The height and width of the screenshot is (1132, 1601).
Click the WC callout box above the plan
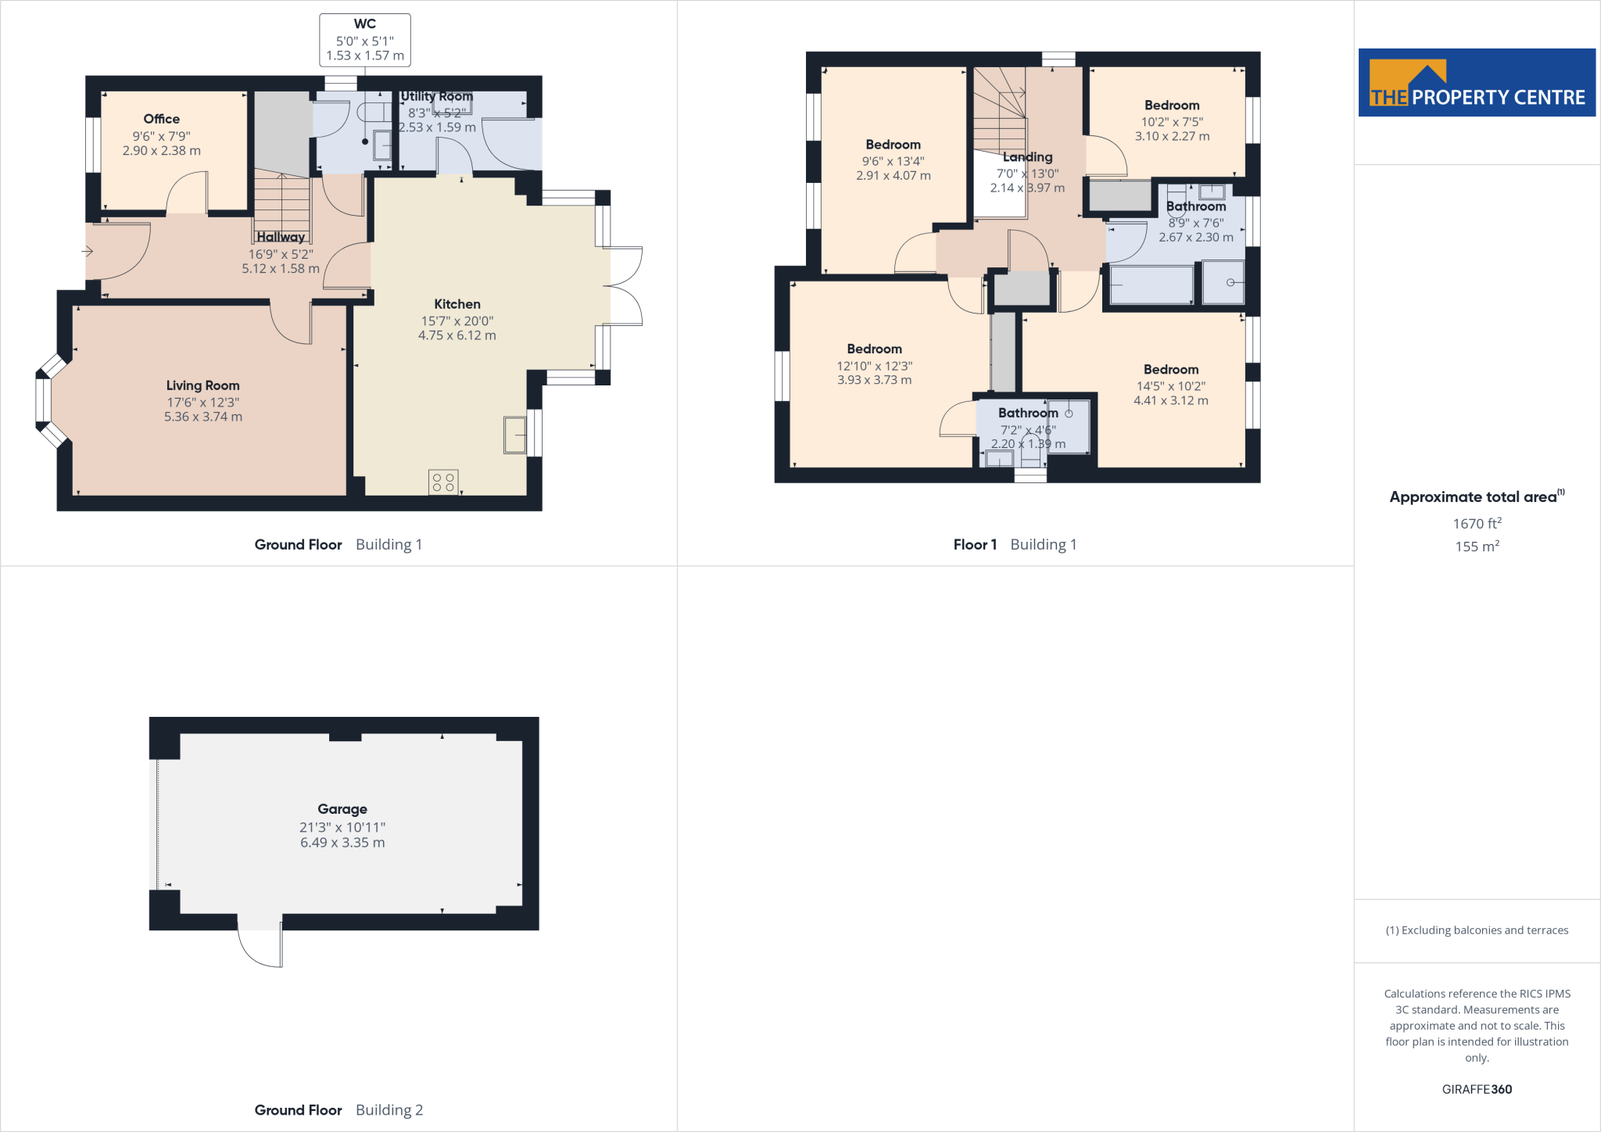pyautogui.click(x=364, y=40)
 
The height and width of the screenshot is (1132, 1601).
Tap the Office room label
pyautogui.click(x=161, y=119)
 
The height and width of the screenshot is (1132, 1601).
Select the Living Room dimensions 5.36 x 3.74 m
pyautogui.click(x=202, y=417)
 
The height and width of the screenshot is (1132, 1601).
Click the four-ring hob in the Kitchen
pyautogui.click(x=443, y=482)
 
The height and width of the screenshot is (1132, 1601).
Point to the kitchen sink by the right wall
pyautogui.click(x=514, y=435)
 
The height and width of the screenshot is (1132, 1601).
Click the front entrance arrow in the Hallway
pyautogui.click(x=88, y=251)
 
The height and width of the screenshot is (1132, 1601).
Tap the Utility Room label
pyautogui.click(x=436, y=96)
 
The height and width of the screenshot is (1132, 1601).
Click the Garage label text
pyautogui.click(x=342, y=809)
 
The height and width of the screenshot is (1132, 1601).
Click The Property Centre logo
pyautogui.click(x=1476, y=83)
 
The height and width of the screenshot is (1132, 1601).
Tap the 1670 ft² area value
pyautogui.click(x=1476, y=523)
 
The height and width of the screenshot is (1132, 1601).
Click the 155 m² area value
pyautogui.click(x=1476, y=546)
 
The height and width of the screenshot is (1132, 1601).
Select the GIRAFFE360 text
pyautogui.click(x=1476, y=1089)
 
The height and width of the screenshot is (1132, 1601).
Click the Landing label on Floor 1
pyautogui.click(x=1027, y=157)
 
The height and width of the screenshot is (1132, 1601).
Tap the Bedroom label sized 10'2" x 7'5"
pyautogui.click(x=1171, y=106)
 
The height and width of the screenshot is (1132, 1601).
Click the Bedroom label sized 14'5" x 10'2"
pyautogui.click(x=1170, y=370)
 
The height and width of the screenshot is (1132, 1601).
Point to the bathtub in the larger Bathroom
pyautogui.click(x=1151, y=285)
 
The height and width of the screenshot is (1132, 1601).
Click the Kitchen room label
pyautogui.click(x=457, y=304)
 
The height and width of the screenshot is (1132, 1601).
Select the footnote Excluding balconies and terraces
pyautogui.click(x=1476, y=930)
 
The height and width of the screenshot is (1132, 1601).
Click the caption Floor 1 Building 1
pyautogui.click(x=1014, y=544)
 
